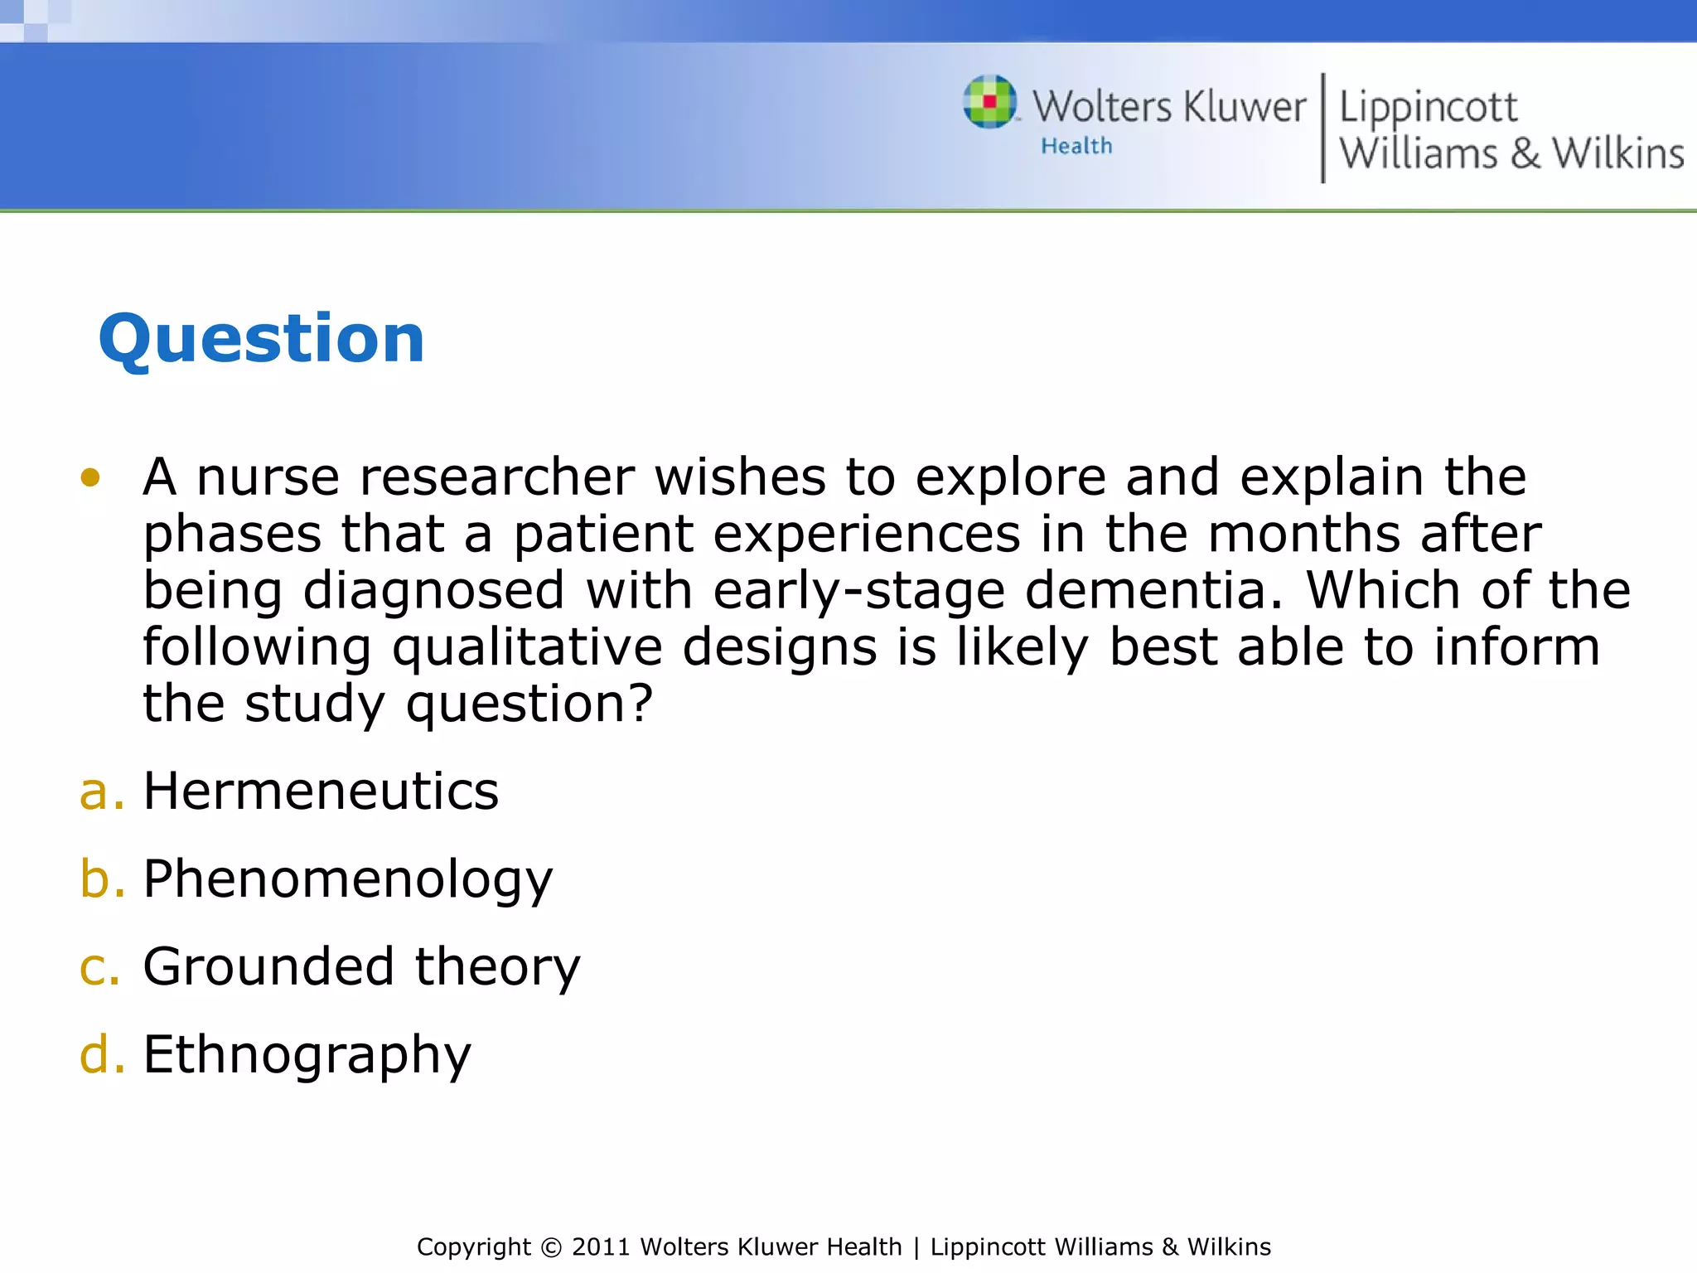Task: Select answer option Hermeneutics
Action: pos(321,791)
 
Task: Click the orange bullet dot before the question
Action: pos(90,477)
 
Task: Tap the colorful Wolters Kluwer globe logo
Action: pos(989,102)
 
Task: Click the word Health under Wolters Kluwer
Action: pos(1076,146)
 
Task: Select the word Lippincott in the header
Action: pos(1428,108)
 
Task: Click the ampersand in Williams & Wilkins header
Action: pos(1525,153)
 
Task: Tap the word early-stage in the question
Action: pos(858,590)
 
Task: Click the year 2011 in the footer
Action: pos(601,1246)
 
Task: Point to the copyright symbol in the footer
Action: pos(550,1247)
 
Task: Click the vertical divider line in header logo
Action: pos(1322,128)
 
